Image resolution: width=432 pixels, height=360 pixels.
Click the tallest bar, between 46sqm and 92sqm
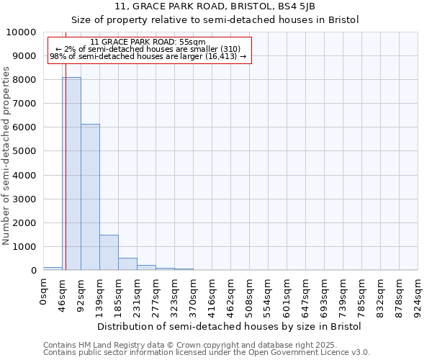[71, 174]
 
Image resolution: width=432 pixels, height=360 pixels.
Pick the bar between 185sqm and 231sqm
[127, 264]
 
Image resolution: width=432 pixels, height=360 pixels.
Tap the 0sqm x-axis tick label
[44, 292]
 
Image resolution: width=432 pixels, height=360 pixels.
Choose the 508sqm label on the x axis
[249, 295]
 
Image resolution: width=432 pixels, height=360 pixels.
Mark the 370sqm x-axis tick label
[193, 295]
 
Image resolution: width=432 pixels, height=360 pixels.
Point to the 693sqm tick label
[324, 295]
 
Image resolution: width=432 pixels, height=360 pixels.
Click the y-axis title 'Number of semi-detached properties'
[6, 156]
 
